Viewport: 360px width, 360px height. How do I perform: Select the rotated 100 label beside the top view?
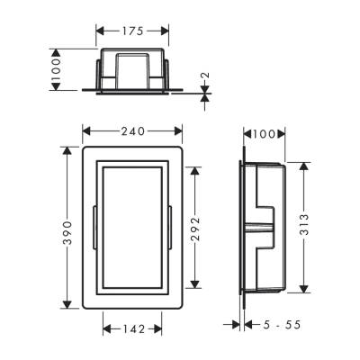tap(56, 71)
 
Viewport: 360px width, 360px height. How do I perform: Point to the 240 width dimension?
tap(137, 130)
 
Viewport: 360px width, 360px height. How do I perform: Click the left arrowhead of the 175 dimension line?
tap(100, 31)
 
